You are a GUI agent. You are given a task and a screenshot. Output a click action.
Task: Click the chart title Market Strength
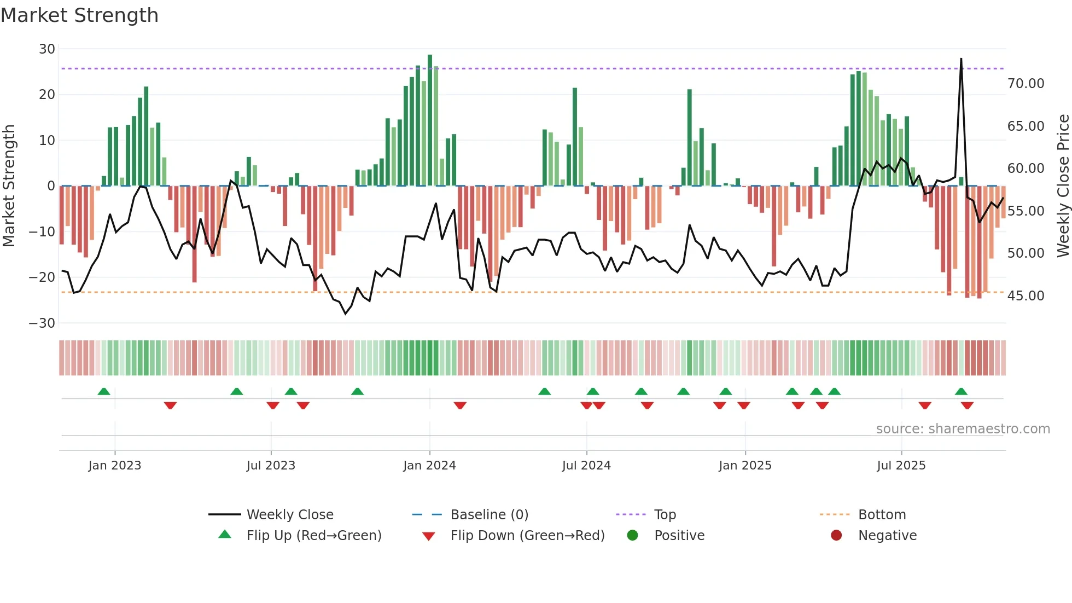pos(79,15)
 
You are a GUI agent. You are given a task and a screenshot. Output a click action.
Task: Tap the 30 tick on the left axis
pos(47,49)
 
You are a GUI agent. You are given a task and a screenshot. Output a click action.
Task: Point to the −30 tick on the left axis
pos(42,323)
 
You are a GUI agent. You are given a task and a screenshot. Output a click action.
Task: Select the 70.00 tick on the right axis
pos(1026,84)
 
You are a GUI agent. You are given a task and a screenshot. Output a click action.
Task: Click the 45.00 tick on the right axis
pos(1026,296)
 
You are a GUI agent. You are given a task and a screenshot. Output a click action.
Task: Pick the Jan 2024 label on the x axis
pos(429,466)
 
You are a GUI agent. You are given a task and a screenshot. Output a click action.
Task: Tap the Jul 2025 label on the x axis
pos(901,466)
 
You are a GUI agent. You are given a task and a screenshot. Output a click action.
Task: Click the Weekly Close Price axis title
pos(1063,186)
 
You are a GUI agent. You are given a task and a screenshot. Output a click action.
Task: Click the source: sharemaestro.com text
pos(963,429)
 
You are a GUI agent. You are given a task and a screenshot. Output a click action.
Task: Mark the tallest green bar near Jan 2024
pos(430,120)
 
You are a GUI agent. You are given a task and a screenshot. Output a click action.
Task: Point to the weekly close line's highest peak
pos(961,59)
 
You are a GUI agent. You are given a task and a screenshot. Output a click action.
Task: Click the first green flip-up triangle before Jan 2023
pos(104,391)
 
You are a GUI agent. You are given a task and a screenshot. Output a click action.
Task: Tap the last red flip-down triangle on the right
pos(967,405)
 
